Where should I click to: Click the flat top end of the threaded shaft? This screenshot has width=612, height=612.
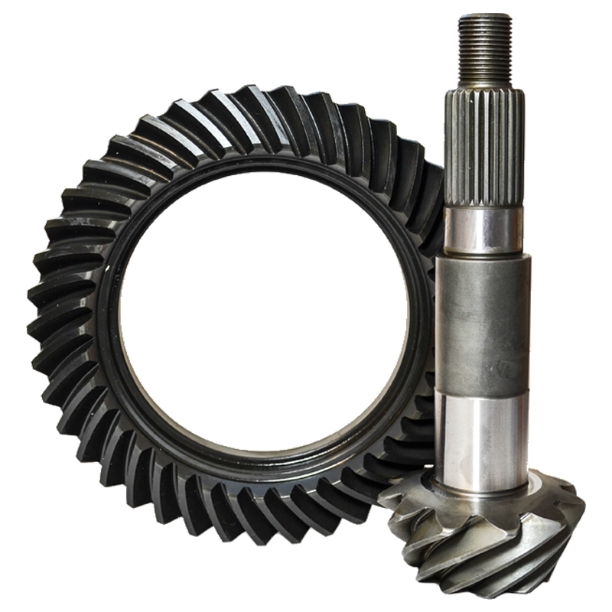point(485,17)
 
